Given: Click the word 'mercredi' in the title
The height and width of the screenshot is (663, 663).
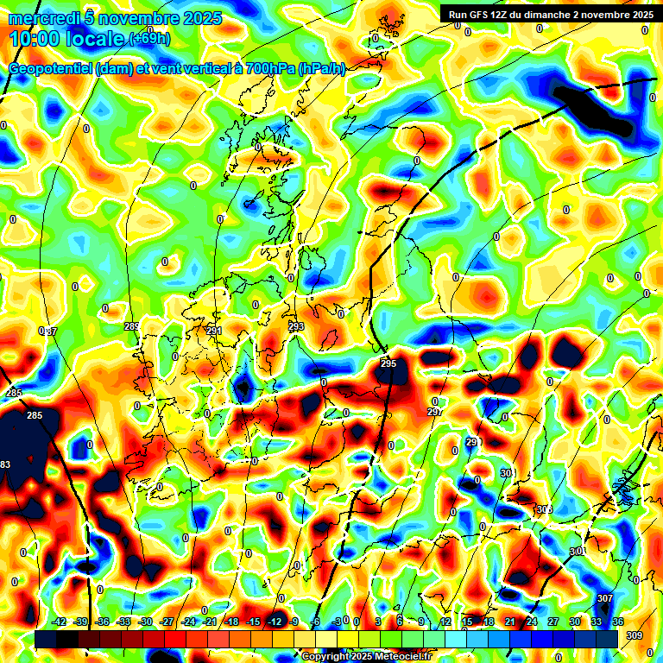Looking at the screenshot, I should click(46, 18).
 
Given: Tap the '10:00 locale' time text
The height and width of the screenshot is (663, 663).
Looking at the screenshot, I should click(67, 39).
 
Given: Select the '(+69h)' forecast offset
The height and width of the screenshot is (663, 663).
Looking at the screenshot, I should click(149, 39).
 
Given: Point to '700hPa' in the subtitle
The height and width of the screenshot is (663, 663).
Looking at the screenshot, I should click(268, 69).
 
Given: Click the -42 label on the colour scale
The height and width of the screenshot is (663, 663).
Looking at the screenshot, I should click(60, 622).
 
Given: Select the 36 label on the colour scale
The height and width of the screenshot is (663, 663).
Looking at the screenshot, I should click(618, 622).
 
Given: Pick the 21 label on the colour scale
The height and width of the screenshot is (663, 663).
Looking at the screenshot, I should click(510, 622).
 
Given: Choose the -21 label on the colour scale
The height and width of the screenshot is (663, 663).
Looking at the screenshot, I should click(210, 622).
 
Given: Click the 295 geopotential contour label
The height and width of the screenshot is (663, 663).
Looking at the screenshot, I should click(388, 364).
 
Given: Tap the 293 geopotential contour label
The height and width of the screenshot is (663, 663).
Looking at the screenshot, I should click(296, 326).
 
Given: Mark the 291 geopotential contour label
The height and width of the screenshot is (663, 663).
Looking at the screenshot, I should click(214, 331).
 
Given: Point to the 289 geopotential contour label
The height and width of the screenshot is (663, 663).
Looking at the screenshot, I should click(131, 326).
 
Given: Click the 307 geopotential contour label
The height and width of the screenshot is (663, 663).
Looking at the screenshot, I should click(604, 598).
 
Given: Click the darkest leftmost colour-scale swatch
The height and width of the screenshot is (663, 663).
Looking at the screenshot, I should click(45, 638).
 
